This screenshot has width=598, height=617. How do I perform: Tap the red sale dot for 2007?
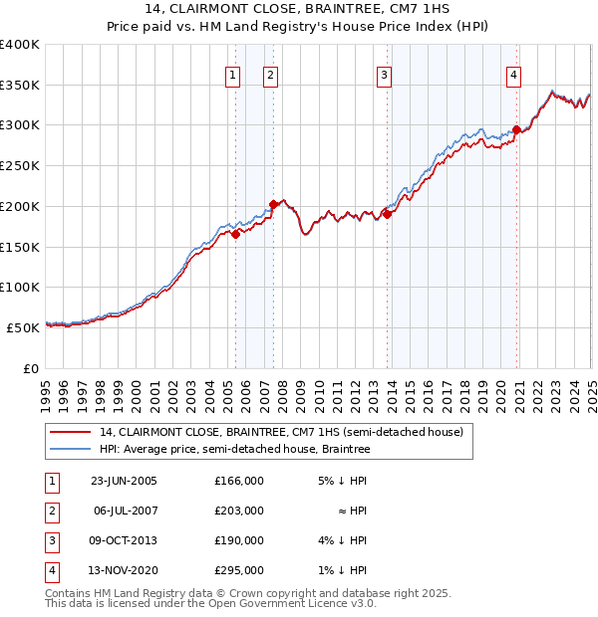pyautogui.click(x=273, y=204)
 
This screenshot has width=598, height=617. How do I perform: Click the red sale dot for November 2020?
pyautogui.click(x=516, y=129)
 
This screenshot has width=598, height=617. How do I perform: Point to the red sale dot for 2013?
pyautogui.click(x=386, y=214)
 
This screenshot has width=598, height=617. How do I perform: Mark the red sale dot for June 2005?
pyautogui.click(x=236, y=234)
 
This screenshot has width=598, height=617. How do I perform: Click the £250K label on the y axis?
pyautogui.click(x=19, y=166)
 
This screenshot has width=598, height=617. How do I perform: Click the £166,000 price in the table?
pyautogui.click(x=239, y=481)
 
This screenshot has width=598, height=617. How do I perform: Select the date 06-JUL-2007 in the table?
pyautogui.click(x=124, y=511)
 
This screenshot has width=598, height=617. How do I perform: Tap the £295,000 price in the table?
pyautogui.click(x=239, y=571)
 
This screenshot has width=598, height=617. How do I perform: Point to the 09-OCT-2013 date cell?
pyautogui.click(x=124, y=541)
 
